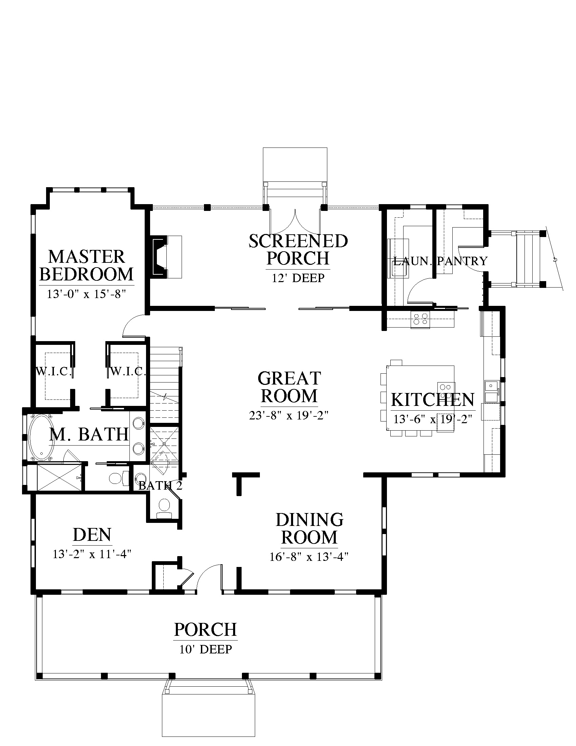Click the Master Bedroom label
pyautogui.click(x=87, y=266)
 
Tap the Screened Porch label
pyautogui.click(x=298, y=250)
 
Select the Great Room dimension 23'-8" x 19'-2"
pyautogui.click(x=289, y=416)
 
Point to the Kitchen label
pyautogui.click(x=433, y=400)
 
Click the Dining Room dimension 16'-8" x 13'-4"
pyautogui.click(x=309, y=557)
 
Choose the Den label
pyautogui.click(x=92, y=535)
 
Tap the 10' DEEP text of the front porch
pyautogui.click(x=206, y=649)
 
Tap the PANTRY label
pyautogui.click(x=462, y=261)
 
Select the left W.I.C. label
pyautogui.click(x=54, y=371)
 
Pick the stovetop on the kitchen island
pyautogui.click(x=446, y=391)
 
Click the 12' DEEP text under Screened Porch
pyautogui.click(x=298, y=278)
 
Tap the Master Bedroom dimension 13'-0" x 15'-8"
pyautogui.click(x=87, y=294)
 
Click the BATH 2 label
pyautogui.click(x=160, y=486)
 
